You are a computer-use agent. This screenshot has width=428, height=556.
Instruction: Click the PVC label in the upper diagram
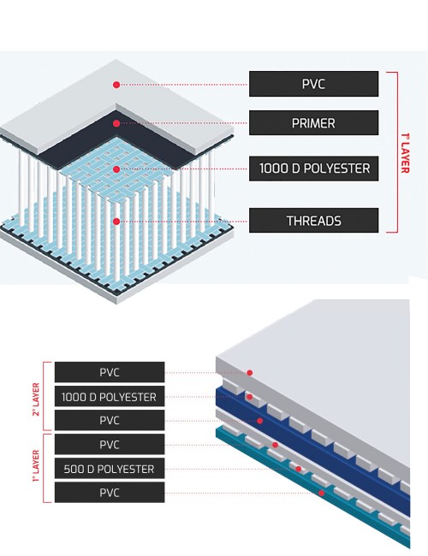click(x=314, y=84)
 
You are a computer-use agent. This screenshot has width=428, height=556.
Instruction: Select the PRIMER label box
click(x=314, y=122)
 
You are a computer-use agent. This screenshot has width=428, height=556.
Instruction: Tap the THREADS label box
click(x=314, y=220)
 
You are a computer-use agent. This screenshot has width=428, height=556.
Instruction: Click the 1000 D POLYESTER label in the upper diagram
click(x=314, y=169)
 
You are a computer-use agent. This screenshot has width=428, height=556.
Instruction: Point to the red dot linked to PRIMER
click(x=116, y=123)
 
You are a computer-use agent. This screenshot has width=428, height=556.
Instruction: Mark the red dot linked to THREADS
click(x=116, y=222)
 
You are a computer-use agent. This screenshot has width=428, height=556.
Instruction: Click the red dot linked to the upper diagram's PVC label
click(x=116, y=85)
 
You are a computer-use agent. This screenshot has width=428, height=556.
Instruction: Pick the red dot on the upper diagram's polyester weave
click(x=116, y=169)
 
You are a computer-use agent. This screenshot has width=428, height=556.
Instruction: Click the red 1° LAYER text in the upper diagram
click(x=405, y=153)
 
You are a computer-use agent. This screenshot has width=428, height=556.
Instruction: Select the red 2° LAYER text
click(x=36, y=399)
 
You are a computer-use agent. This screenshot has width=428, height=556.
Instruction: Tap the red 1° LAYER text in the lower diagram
click(x=36, y=466)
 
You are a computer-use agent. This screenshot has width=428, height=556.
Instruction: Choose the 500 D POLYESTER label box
click(x=110, y=469)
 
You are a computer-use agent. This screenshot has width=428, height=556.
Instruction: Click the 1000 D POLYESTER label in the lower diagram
click(x=110, y=396)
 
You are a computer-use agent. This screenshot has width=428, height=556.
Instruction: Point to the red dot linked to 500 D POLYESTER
click(x=299, y=469)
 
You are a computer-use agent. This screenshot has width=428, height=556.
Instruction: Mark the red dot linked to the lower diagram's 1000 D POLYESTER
click(x=249, y=397)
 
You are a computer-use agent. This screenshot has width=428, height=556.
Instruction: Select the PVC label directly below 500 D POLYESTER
click(x=110, y=492)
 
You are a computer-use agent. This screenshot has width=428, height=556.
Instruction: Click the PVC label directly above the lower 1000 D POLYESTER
click(x=110, y=372)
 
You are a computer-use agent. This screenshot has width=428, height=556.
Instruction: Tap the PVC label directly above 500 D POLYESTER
click(x=110, y=444)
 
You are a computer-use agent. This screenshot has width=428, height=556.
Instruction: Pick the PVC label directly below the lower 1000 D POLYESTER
click(x=110, y=420)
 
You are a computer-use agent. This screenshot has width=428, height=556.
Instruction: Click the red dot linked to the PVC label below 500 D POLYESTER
click(x=321, y=493)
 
